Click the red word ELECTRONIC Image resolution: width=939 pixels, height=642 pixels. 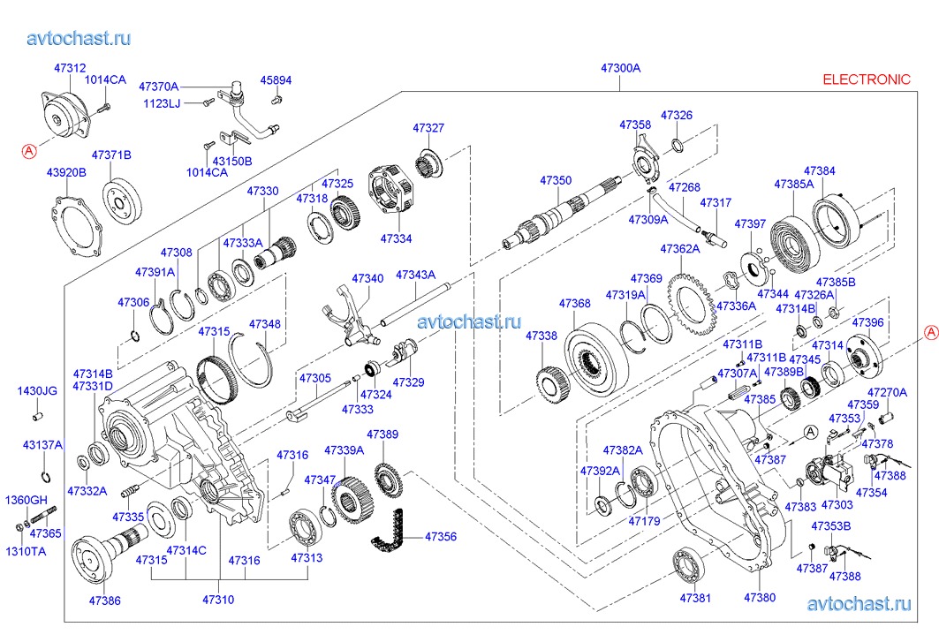(866, 79)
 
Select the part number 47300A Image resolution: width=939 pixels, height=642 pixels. (620, 68)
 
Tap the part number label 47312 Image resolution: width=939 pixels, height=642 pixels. (70, 68)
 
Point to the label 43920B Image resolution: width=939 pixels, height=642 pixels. (66, 172)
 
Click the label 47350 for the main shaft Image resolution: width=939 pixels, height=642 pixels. (557, 180)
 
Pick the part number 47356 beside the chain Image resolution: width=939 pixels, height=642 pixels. (441, 536)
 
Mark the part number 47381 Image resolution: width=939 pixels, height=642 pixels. (694, 598)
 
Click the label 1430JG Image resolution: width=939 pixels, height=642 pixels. (38, 390)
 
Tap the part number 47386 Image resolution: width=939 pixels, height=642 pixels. (104, 600)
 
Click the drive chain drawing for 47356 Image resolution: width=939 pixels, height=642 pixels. (388, 534)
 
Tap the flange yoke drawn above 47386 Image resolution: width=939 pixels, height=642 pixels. (102, 556)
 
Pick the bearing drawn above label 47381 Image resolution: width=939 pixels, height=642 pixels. (687, 565)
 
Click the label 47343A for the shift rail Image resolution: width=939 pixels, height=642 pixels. (415, 275)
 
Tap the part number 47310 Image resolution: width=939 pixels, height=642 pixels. (218, 600)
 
